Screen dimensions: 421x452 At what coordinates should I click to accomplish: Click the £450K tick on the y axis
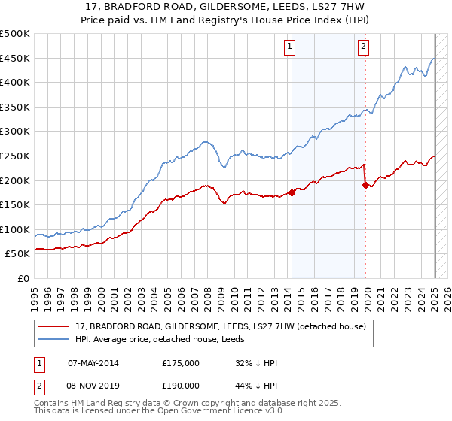[x=15, y=58]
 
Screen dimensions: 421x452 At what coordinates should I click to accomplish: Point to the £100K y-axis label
[x=15, y=229]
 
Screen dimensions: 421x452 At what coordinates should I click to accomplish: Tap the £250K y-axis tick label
[x=15, y=156]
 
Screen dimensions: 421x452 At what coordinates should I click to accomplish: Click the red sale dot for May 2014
[x=292, y=192]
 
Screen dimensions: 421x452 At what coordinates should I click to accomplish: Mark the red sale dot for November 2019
[x=365, y=185]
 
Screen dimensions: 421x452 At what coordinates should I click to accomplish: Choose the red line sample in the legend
[x=53, y=326]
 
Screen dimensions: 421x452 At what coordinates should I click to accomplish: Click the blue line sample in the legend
[x=53, y=339]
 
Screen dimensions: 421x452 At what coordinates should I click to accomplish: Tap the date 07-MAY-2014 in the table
[x=93, y=362]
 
